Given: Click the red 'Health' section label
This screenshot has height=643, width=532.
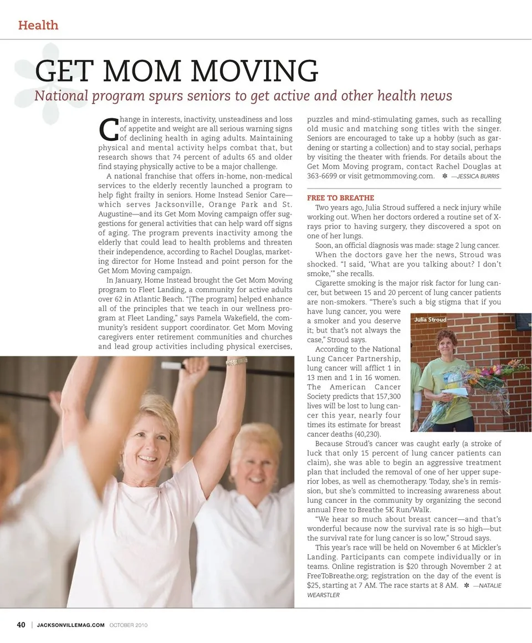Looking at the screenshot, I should coord(38,25).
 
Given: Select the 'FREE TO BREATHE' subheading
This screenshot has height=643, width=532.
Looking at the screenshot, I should coord(341,198).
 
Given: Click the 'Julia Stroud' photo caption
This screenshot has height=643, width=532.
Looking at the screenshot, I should coord(430,319).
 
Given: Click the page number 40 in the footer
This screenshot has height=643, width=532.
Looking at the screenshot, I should coord(21,625).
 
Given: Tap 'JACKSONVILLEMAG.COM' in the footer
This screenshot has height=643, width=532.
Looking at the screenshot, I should coord(70,625).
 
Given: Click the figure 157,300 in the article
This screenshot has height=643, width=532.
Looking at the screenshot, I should coord(380,396).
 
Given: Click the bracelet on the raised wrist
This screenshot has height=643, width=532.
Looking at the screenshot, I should coord(237,361).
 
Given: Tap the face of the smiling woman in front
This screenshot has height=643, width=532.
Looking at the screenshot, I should coord(149,440).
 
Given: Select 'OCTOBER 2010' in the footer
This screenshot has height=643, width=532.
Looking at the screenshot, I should coord(127,625).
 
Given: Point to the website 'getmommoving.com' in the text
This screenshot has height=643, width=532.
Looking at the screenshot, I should coord(399,176).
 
